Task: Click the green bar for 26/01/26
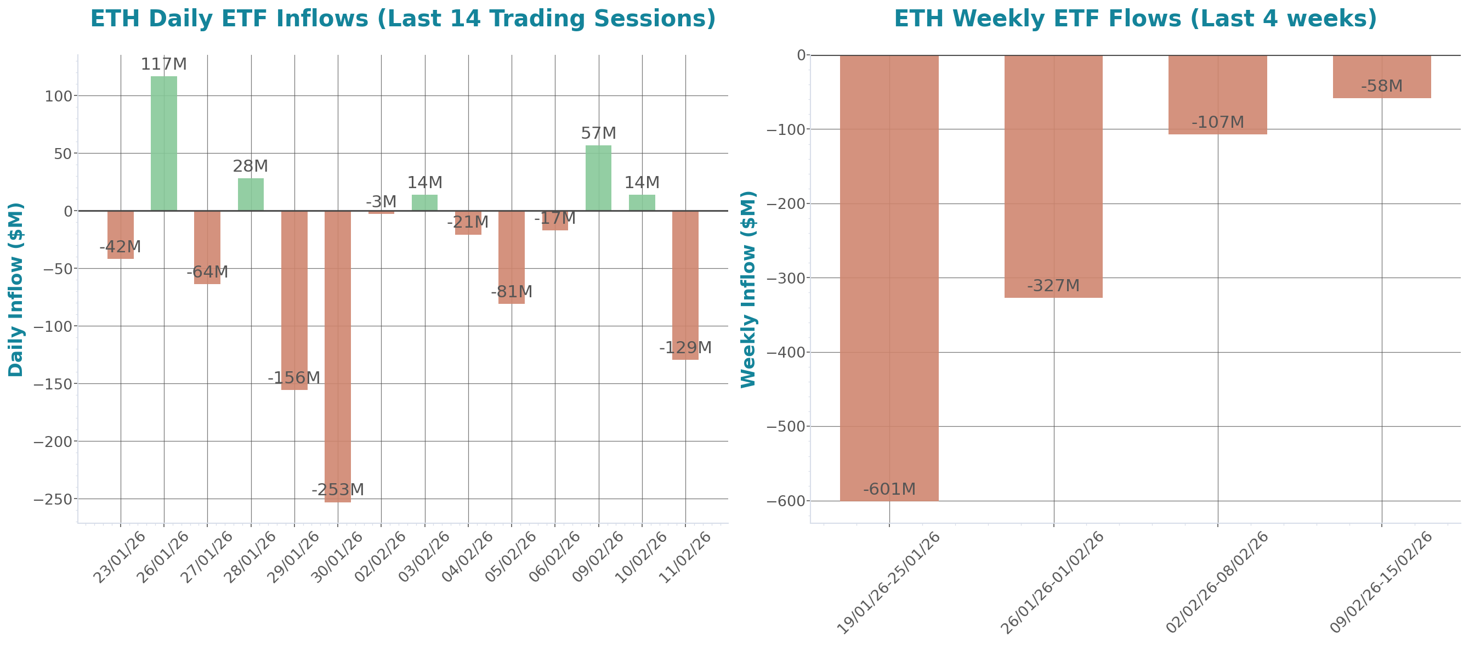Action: pyautogui.click(x=163, y=143)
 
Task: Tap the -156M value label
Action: pyautogui.click(x=294, y=377)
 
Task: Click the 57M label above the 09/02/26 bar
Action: pyautogui.click(x=598, y=133)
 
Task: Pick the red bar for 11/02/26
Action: pyautogui.click(x=685, y=285)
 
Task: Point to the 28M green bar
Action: pyautogui.click(x=251, y=195)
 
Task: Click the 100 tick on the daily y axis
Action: pyautogui.click(x=59, y=97)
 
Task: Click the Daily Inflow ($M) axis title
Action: pyautogui.click(x=16, y=290)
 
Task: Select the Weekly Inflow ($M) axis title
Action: pyautogui.click(x=748, y=290)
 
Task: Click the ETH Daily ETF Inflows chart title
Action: pyautogui.click(x=402, y=19)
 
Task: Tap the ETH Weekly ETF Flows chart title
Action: pyautogui.click(x=1135, y=19)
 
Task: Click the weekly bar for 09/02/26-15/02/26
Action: pyautogui.click(x=1382, y=77)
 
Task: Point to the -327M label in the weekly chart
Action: pyautogui.click(x=1053, y=286)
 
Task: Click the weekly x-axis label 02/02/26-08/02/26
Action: pyautogui.click(x=1216, y=582)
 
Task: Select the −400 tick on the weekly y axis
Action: pyautogui.click(x=786, y=353)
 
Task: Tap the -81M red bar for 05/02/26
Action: pyautogui.click(x=511, y=257)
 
